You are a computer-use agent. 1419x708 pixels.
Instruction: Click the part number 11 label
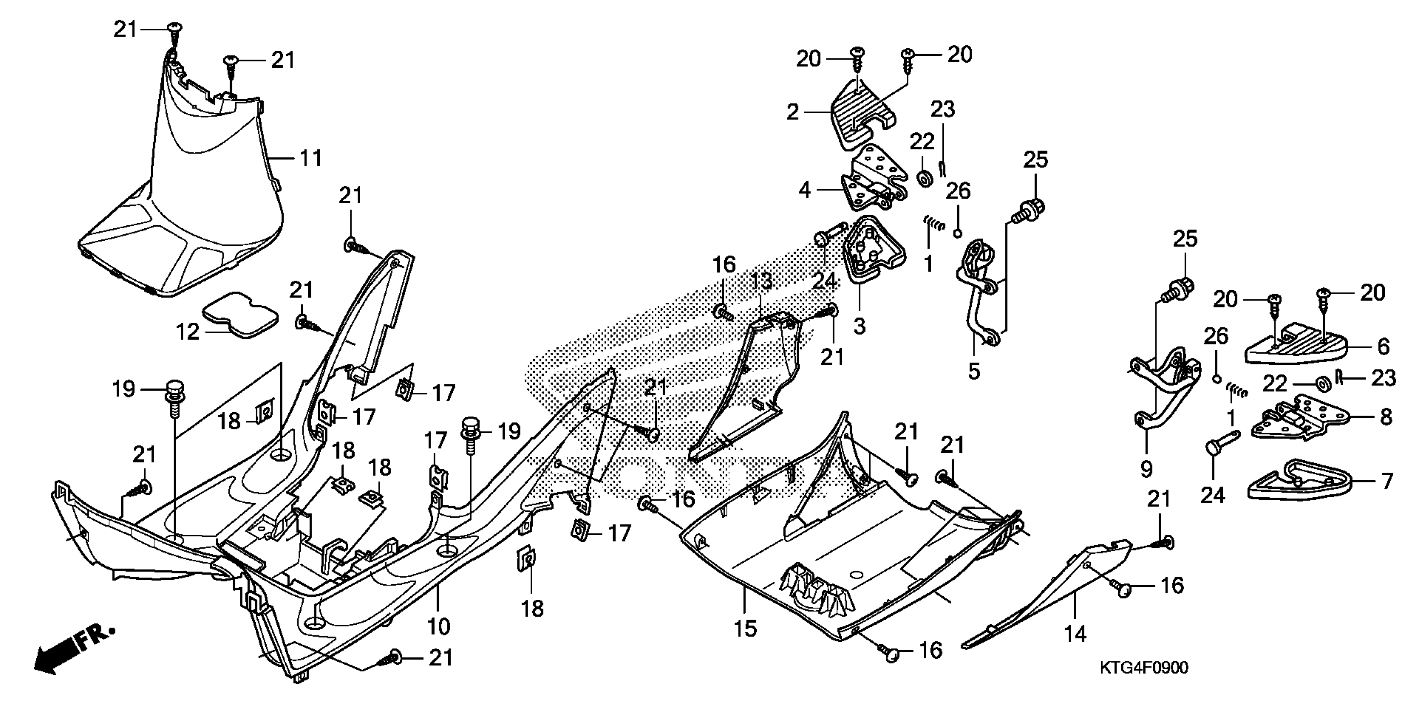[311, 159]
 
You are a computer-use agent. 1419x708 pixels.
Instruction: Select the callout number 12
[187, 332]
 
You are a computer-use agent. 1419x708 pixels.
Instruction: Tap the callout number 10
[439, 626]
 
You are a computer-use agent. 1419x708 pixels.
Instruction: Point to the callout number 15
[745, 628]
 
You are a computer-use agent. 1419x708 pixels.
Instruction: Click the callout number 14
[1075, 634]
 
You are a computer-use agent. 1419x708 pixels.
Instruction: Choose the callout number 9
[1146, 469]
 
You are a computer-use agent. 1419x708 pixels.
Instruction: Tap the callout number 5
[974, 372]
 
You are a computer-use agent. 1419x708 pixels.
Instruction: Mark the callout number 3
[859, 326]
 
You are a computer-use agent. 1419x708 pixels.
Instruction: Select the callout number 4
[805, 191]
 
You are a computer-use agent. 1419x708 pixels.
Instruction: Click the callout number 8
[1387, 416]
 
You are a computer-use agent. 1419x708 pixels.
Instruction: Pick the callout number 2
[793, 112]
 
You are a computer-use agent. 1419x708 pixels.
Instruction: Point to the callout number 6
[1383, 347]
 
